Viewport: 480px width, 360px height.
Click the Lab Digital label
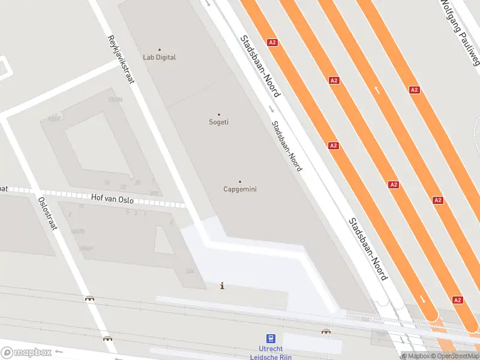pyautogui.click(x=159, y=58)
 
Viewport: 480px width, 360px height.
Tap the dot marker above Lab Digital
pyautogui.click(x=159, y=49)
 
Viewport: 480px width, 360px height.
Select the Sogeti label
pyautogui.click(x=218, y=122)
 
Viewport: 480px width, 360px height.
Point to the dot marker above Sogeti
pyautogui.click(x=218, y=114)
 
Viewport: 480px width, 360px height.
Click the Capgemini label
pyautogui.click(x=240, y=190)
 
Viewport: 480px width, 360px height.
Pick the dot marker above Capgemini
pyautogui.click(x=240, y=181)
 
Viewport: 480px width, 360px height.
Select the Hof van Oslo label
pyautogui.click(x=112, y=199)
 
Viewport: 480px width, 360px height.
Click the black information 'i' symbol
pyautogui.click(x=223, y=286)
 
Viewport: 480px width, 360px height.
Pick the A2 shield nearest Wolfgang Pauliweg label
pyautogui.click(x=414, y=89)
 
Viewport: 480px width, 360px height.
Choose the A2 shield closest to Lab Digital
pyautogui.click(x=272, y=43)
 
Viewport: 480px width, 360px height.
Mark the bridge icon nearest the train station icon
pyautogui.click(x=326, y=331)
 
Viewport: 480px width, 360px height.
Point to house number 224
pyautogui.click(x=190, y=271)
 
